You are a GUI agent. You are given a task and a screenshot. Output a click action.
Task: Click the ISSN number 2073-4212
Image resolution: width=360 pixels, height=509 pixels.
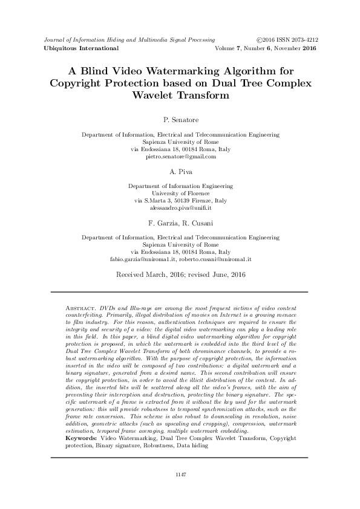[300, 37]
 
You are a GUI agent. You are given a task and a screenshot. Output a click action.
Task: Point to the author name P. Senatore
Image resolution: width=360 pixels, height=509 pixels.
[180, 120]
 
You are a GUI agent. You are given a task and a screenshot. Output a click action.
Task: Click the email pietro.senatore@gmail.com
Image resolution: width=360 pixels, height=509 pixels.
[181, 157]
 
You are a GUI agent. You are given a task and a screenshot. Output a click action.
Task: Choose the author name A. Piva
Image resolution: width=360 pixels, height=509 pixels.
[180, 171]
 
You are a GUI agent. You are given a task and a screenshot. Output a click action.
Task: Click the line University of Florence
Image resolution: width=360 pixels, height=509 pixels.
[180, 193]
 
